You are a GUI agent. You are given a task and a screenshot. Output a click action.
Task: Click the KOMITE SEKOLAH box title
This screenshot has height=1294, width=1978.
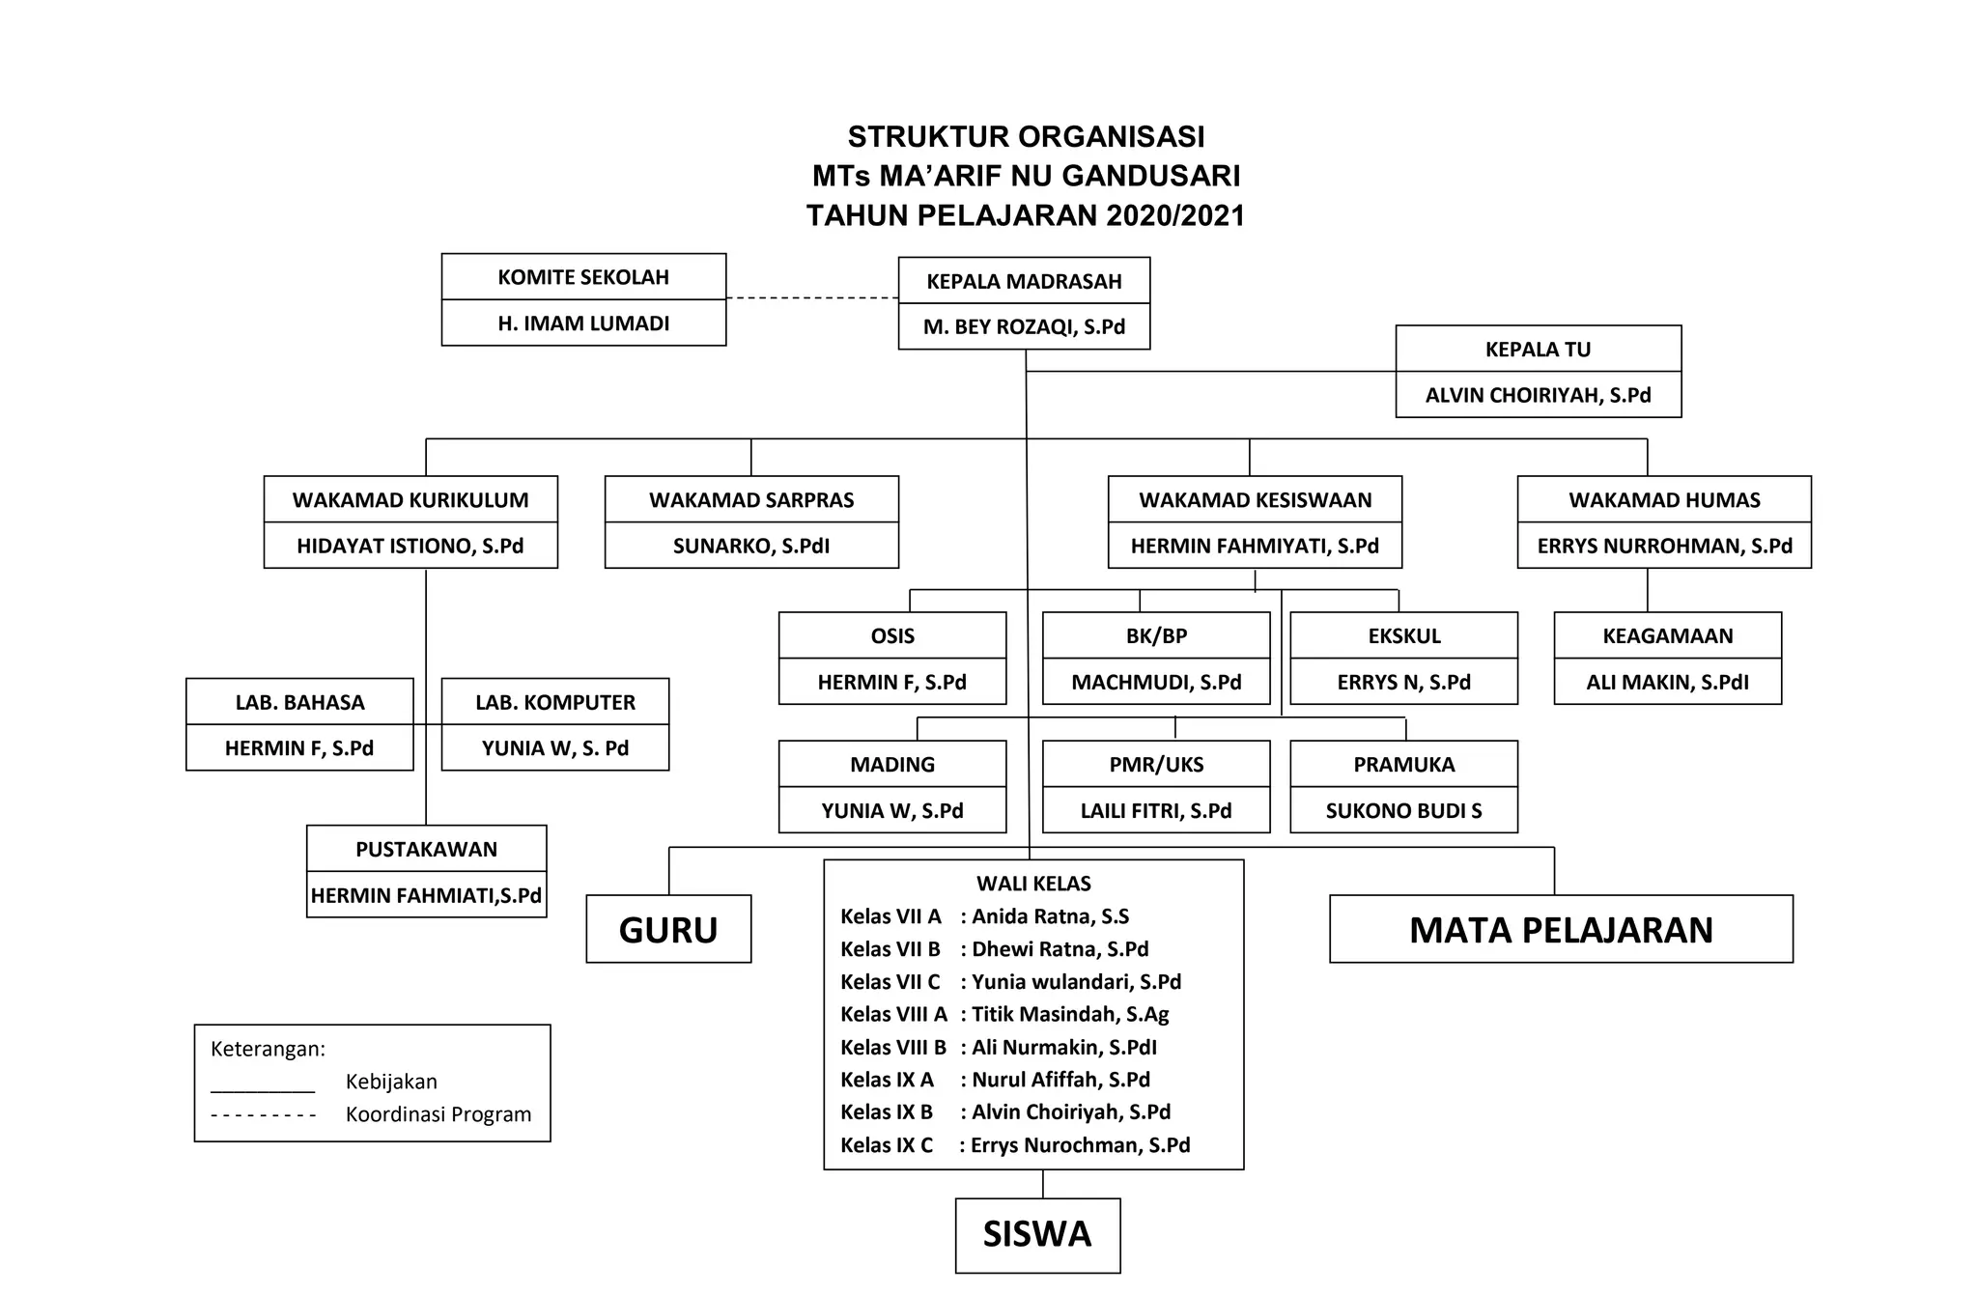pyautogui.click(x=583, y=277)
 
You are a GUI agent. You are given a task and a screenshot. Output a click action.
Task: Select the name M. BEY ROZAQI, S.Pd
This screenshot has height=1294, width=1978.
pyautogui.click(x=1024, y=326)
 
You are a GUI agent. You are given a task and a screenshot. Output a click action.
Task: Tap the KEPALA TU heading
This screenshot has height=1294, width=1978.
pyautogui.click(x=1538, y=350)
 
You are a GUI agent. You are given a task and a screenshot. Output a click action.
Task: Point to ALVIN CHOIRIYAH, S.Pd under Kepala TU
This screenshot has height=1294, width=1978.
pyautogui.click(x=1538, y=395)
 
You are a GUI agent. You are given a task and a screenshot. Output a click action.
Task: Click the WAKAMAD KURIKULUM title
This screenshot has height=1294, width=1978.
pyautogui.click(x=410, y=500)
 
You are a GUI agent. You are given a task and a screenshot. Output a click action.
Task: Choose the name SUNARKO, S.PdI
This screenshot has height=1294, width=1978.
pyautogui.click(x=751, y=546)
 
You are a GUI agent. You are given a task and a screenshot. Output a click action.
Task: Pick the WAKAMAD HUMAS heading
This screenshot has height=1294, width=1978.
pyautogui.click(x=1664, y=500)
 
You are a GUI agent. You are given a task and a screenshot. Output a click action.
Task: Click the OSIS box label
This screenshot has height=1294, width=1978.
pyautogui.click(x=892, y=635)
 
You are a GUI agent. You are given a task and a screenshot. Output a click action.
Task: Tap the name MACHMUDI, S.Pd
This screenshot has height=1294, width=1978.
pyautogui.click(x=1156, y=682)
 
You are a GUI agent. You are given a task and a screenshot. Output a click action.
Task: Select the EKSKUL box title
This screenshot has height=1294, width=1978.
pyautogui.click(x=1403, y=635)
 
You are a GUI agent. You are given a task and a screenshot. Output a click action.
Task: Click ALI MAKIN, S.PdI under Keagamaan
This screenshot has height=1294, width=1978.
pyautogui.click(x=1667, y=682)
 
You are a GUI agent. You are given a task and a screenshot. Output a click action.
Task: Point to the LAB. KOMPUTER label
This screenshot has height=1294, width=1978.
pyautogui.click(x=555, y=702)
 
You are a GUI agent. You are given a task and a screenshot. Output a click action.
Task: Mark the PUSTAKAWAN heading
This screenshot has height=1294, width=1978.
pyautogui.click(x=426, y=849)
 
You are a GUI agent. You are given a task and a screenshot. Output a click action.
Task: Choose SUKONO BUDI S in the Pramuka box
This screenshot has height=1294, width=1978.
pyautogui.click(x=1403, y=810)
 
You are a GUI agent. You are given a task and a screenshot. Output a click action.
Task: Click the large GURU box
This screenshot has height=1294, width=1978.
pyautogui.click(x=668, y=929)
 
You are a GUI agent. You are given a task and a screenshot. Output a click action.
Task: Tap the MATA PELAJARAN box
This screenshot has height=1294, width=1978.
pyautogui.click(x=1561, y=929)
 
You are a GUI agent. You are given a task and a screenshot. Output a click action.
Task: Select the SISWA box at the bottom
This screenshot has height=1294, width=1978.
pyautogui.click(x=1037, y=1234)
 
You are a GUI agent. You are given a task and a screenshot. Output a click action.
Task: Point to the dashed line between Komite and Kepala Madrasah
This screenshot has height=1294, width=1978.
pyautogui.click(x=811, y=298)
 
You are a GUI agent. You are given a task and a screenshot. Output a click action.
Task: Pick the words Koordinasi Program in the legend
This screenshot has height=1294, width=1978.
pyautogui.click(x=438, y=1114)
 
